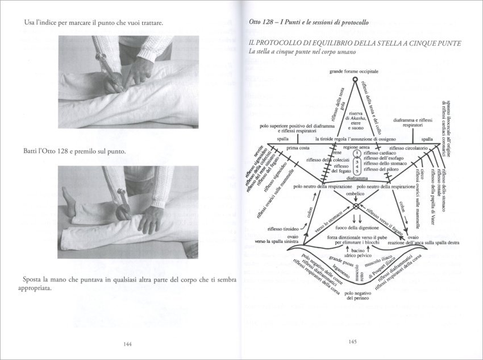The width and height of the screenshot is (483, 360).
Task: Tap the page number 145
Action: [353, 342]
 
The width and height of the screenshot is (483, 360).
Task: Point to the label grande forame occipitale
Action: [353, 72]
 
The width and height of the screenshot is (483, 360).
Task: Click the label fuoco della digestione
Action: [355, 228]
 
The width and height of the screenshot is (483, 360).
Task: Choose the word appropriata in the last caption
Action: [38, 288]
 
